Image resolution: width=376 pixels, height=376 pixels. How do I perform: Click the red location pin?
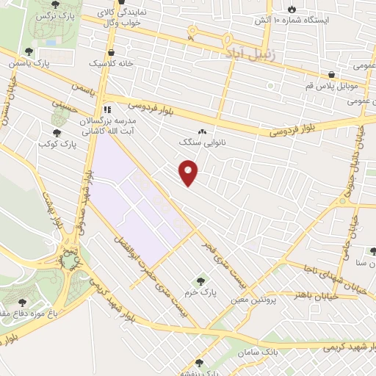point(189,173)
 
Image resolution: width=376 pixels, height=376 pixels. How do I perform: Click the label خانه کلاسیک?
point(112,63)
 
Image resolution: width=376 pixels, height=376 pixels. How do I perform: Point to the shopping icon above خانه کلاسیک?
point(111,52)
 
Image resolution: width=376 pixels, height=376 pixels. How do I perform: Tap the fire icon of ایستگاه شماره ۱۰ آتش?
point(292,9)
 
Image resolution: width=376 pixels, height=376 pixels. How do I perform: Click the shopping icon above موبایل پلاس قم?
point(332,74)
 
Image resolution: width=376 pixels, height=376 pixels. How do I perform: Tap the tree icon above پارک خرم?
point(200,281)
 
